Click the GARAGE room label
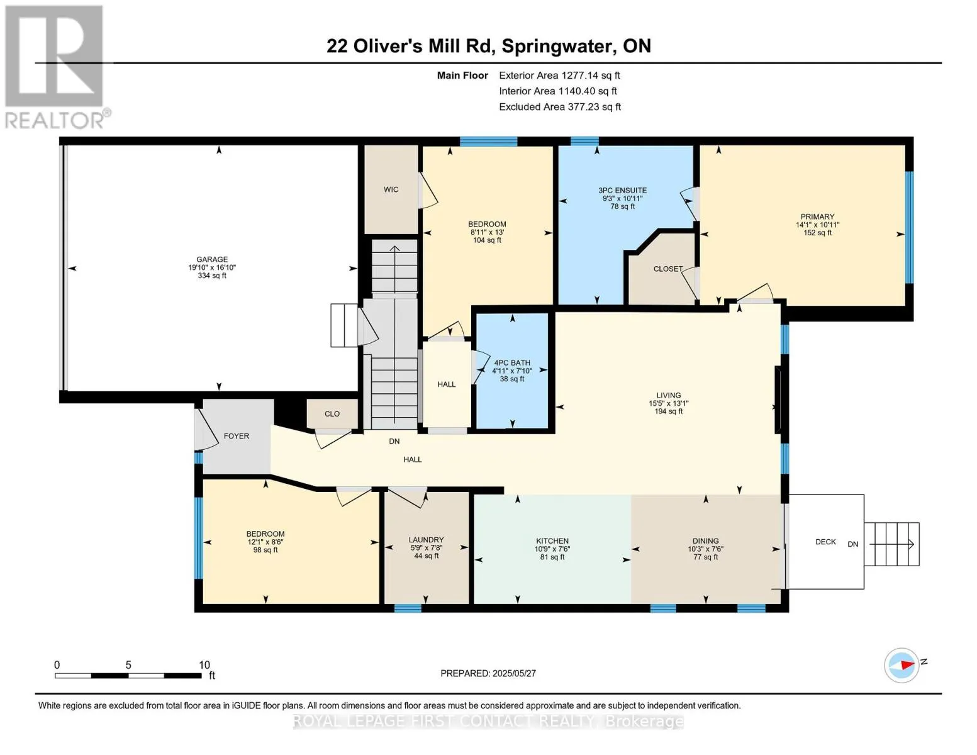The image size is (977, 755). pyautogui.click(x=212, y=259)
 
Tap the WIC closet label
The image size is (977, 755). pyautogui.click(x=391, y=189)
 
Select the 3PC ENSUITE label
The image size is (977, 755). pyautogui.click(x=622, y=190)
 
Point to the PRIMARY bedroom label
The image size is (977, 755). pyautogui.click(x=817, y=216)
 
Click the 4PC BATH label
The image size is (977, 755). pyautogui.click(x=511, y=362)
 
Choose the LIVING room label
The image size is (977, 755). pyautogui.click(x=668, y=395)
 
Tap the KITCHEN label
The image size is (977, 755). pyautogui.click(x=552, y=540)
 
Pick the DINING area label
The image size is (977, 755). pyautogui.click(x=705, y=540)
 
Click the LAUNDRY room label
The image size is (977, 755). pyautogui.click(x=426, y=540)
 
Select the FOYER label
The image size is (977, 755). pyautogui.click(x=236, y=436)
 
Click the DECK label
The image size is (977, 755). pyautogui.click(x=825, y=542)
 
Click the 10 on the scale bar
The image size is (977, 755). pyautogui.click(x=204, y=664)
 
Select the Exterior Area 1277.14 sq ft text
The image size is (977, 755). pyautogui.click(x=559, y=75)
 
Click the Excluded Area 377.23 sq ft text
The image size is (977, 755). pyautogui.click(x=560, y=107)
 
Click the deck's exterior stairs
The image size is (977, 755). pyautogui.click(x=891, y=544)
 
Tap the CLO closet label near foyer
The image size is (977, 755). pyautogui.click(x=332, y=414)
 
